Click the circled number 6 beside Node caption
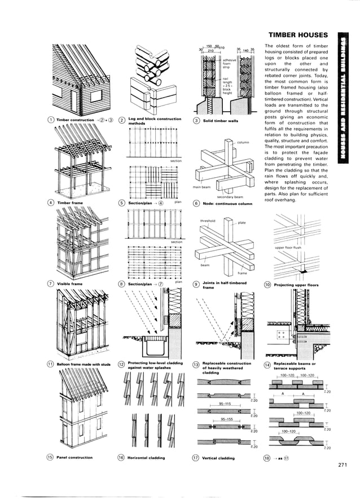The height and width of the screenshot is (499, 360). (x=196, y=203)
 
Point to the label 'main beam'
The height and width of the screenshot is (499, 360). (x=201, y=187)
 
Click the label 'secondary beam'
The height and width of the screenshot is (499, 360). (x=232, y=197)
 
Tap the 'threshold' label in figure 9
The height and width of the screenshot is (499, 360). (x=208, y=221)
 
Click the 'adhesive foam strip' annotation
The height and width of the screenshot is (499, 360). (x=230, y=63)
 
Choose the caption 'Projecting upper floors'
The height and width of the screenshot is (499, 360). (x=296, y=285)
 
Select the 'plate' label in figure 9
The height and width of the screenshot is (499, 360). (x=242, y=222)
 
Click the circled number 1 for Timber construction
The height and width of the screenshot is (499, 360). (x=51, y=120)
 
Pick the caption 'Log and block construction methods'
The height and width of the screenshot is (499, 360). (x=153, y=121)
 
